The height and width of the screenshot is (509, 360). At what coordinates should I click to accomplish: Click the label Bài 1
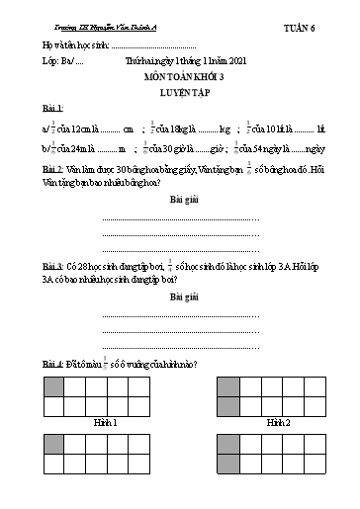53,107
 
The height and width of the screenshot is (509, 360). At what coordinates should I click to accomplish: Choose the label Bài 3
53,267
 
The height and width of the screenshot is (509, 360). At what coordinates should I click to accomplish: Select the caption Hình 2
279,421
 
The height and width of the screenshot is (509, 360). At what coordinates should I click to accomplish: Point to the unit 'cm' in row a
128,128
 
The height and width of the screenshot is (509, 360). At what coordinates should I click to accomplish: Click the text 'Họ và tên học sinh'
73,45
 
